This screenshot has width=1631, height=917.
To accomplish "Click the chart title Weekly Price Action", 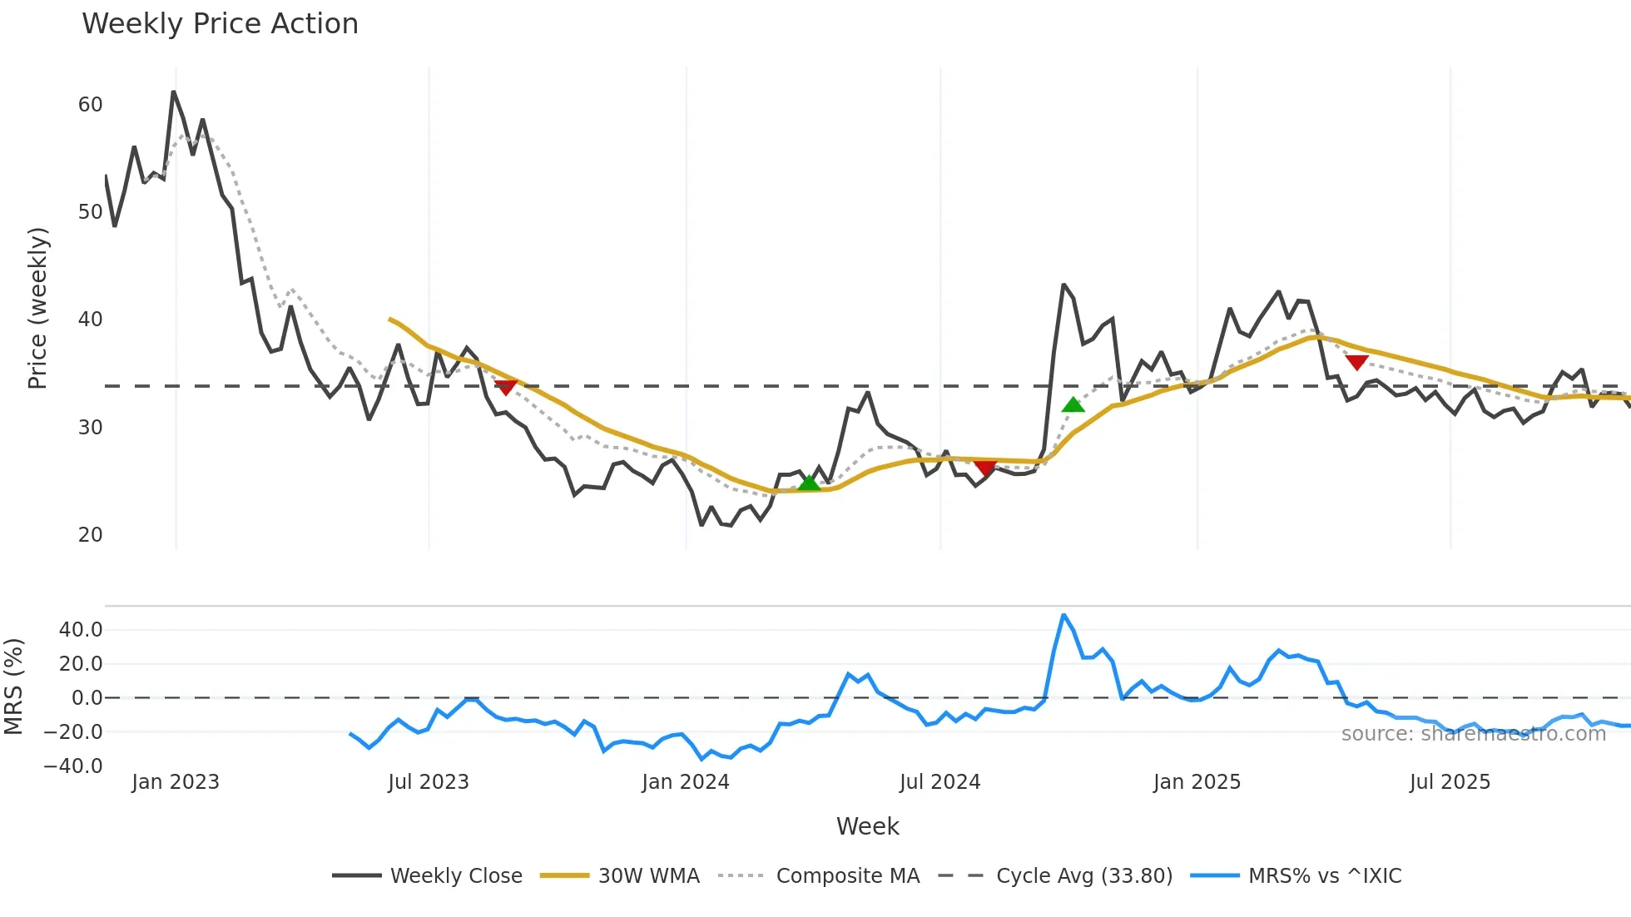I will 220,24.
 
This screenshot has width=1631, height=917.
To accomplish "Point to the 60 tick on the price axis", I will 90,105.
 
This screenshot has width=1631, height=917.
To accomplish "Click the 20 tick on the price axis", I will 90,535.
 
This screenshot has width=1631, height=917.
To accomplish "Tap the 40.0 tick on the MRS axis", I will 81,630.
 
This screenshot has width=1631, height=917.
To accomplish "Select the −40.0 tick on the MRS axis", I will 73,766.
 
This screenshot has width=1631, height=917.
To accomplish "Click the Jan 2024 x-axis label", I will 685,782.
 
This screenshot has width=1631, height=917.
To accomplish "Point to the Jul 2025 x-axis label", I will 1450,782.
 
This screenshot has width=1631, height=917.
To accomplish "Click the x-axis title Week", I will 867,826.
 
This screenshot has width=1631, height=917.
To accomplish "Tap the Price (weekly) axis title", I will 37,308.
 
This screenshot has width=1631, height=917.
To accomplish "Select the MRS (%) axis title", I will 13,687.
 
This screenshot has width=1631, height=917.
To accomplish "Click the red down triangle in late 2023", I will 505,387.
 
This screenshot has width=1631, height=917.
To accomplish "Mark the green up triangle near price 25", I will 809,483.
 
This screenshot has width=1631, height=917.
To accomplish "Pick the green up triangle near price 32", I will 1073,404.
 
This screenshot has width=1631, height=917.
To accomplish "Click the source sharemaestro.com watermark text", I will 1473,734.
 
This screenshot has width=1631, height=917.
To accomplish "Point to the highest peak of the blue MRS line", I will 1063,616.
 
